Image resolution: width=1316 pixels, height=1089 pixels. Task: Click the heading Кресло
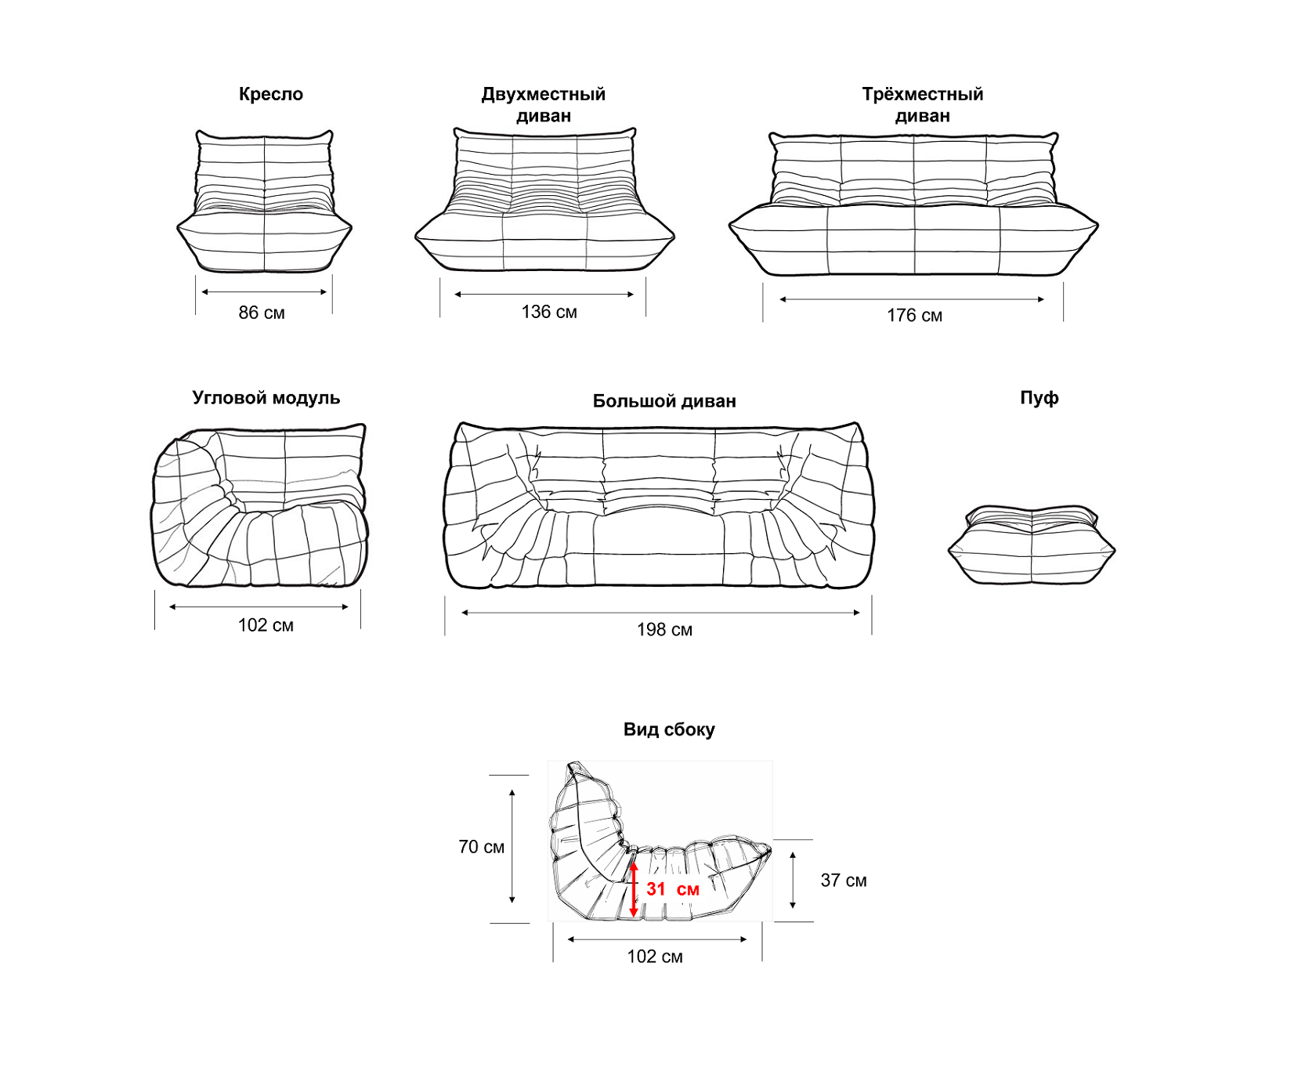[x=270, y=94]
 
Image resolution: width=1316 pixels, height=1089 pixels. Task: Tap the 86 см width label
[x=262, y=313]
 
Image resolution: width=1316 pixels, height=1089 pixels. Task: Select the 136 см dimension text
[x=549, y=312]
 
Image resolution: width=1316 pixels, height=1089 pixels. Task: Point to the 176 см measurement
[x=914, y=316]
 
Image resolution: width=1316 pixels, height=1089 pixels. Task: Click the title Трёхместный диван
[x=923, y=105]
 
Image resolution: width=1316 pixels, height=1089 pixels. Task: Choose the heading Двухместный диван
[x=544, y=105]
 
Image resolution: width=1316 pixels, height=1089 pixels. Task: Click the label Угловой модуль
[x=266, y=398]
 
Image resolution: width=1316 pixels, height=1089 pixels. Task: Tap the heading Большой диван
[x=664, y=401]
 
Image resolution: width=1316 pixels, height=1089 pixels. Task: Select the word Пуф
[x=1039, y=398]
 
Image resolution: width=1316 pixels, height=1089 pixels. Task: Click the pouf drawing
[x=1032, y=544]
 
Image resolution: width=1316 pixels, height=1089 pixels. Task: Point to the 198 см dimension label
[x=664, y=630]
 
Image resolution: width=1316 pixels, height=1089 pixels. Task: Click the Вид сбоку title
[x=669, y=729]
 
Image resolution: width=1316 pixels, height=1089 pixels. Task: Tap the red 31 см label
[x=673, y=889]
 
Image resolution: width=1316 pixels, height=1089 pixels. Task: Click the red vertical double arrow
[x=634, y=889]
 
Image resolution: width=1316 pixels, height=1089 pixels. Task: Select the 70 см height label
[x=482, y=847]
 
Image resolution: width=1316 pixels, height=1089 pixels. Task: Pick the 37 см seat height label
[x=844, y=881]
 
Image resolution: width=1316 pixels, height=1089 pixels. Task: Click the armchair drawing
[x=264, y=201]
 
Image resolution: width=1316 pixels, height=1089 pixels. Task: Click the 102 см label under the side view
[x=655, y=957]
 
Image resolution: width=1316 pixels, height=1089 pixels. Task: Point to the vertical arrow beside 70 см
[x=512, y=847]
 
